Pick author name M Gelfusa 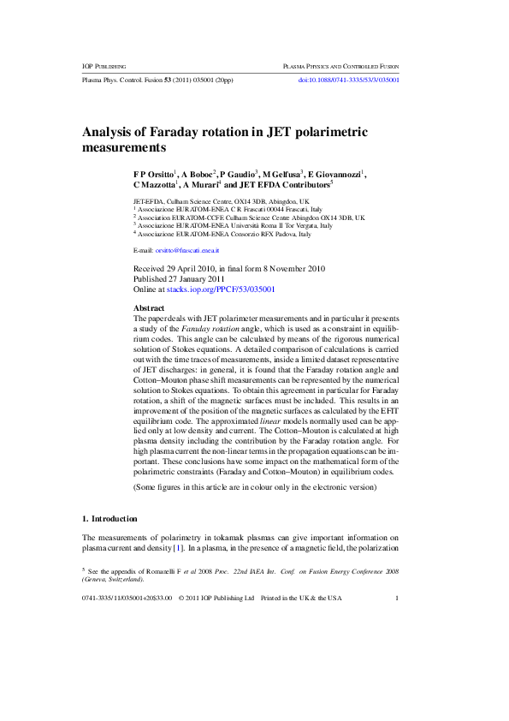pos(281,174)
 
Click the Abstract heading pos(149,307)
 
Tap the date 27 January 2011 pos(193,279)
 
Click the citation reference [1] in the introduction pos(177,547)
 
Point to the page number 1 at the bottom pos(397,598)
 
